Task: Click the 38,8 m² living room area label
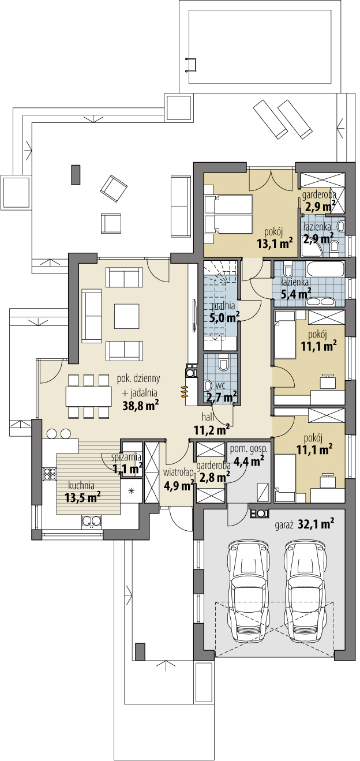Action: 141,406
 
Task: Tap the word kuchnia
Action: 81,485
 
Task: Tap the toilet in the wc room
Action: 224,364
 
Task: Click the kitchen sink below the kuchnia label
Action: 91,522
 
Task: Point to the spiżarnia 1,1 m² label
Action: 127,463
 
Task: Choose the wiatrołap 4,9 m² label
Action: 179,479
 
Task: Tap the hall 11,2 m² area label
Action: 212,425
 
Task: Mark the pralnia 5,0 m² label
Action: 223,312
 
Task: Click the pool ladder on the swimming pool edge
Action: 191,65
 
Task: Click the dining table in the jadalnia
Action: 89,396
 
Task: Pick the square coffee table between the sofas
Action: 127,316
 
